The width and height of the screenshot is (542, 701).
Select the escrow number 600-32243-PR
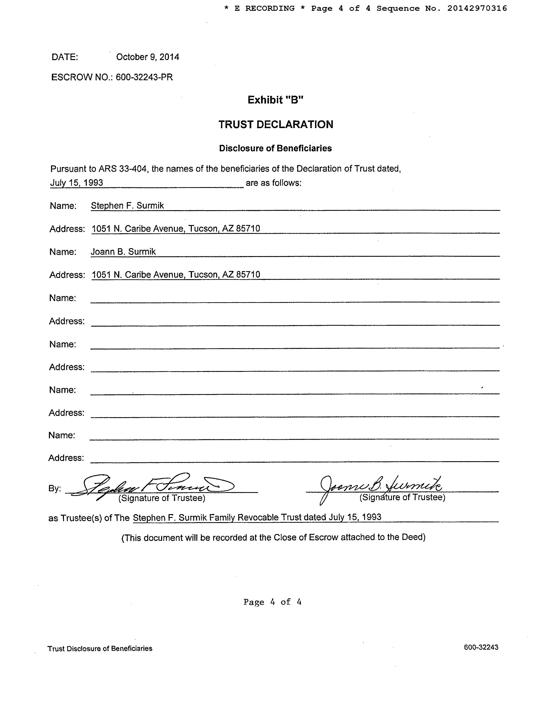coord(144,77)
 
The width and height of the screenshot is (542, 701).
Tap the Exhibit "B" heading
coord(275,100)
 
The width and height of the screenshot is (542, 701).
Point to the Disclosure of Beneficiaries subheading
coord(275,148)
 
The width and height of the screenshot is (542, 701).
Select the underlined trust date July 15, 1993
coord(76,183)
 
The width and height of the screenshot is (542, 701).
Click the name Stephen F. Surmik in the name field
coord(127,206)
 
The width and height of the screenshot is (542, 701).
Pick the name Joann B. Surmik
coord(123,252)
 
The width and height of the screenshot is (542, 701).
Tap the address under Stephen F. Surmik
coord(176,229)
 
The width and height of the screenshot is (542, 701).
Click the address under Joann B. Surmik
coord(176,275)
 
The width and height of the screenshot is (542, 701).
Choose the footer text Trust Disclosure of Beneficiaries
coord(100,648)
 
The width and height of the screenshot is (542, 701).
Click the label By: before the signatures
coord(55,488)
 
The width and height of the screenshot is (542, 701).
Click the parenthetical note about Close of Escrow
coord(273,537)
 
